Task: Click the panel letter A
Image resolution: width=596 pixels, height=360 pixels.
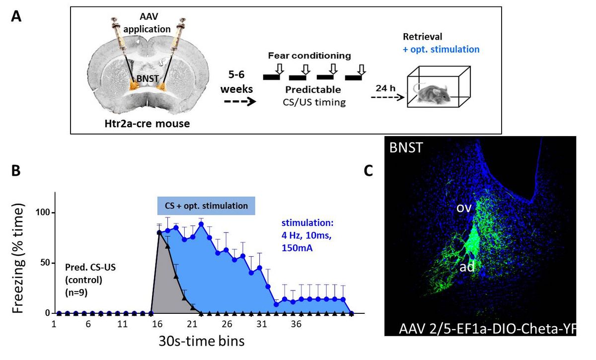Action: [x=17, y=17]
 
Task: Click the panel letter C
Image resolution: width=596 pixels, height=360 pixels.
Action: [x=369, y=170]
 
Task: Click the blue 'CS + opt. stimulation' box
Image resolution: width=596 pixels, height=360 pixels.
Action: [x=206, y=206]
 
